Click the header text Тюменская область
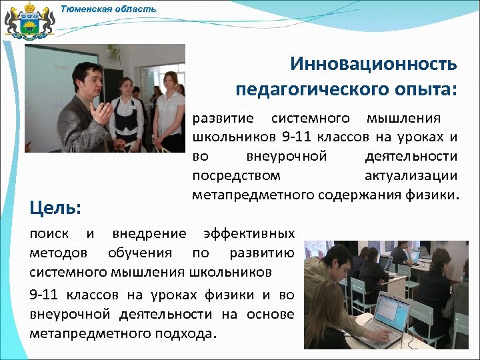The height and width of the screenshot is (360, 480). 109,9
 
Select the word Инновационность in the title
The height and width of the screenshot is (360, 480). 373,65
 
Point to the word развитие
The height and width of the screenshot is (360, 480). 223,119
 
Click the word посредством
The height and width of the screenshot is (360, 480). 236,176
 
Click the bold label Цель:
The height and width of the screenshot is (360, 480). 55,209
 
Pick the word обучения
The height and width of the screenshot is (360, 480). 139,253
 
